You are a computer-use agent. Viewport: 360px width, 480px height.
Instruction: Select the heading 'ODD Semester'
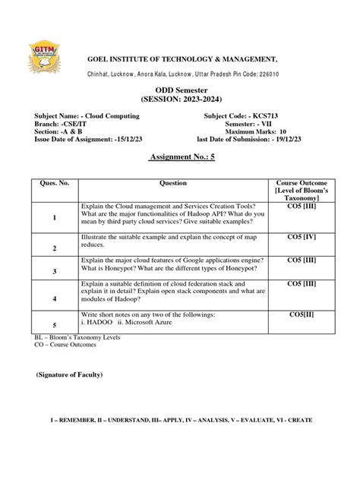coord(179,90)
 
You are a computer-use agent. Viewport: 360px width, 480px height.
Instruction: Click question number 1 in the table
coord(55,218)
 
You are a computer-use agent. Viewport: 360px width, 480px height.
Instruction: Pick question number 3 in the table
coord(55,270)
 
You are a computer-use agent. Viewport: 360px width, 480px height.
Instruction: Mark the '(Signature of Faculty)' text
coord(69,375)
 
